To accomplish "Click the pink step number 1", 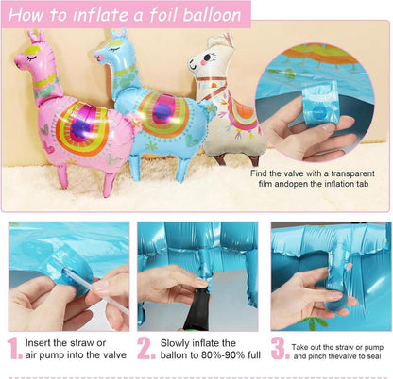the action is [x=14, y=348].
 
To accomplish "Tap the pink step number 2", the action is [x=146, y=348].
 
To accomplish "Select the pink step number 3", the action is [x=281, y=348].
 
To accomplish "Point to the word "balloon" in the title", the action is [x=213, y=15].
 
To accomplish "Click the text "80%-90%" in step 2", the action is [x=226, y=355].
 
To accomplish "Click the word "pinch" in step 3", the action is [x=316, y=356].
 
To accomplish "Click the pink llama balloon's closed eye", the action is [x=31, y=58].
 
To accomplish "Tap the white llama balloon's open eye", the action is [x=207, y=58].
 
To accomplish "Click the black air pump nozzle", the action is [x=196, y=310].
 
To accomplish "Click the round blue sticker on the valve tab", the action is [x=317, y=111].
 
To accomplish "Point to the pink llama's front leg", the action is [x=62, y=176].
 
